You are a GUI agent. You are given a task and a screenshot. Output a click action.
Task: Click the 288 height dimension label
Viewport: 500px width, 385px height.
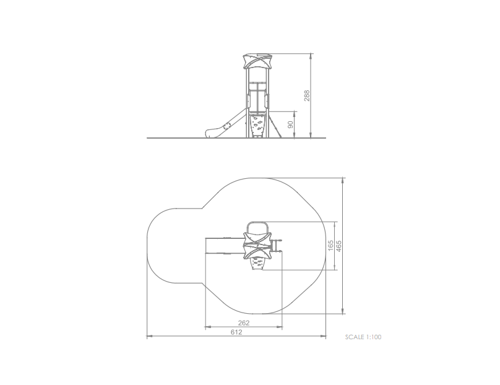[x=307, y=96]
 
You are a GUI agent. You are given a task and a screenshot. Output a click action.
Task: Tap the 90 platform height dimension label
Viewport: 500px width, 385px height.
[x=290, y=124]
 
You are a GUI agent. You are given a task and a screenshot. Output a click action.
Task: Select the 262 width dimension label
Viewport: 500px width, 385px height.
[x=244, y=323]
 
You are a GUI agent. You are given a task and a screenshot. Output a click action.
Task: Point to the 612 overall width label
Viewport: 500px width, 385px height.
[x=236, y=332]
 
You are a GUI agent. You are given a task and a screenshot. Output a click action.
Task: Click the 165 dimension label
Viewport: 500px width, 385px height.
[x=330, y=246]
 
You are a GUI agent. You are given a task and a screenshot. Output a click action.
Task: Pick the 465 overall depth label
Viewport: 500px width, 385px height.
[x=338, y=246]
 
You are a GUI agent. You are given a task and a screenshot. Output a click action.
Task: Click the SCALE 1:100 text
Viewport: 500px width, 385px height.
[x=363, y=337]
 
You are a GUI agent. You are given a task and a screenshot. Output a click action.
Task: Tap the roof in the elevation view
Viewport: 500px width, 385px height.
[x=257, y=61]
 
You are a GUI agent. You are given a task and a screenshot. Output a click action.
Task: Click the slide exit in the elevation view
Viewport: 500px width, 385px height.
[x=212, y=133]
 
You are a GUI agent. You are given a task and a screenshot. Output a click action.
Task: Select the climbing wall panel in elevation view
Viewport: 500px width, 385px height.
[x=257, y=126]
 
